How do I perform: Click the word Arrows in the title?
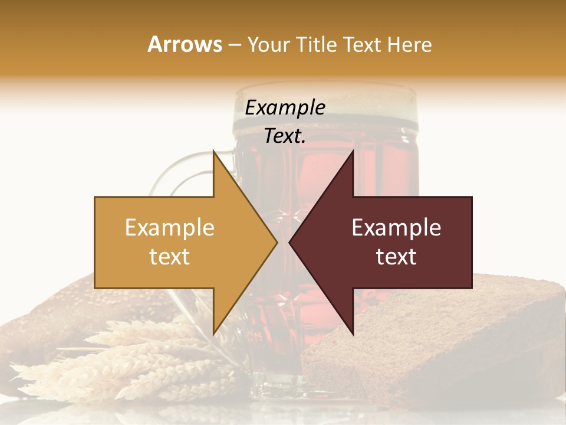185,44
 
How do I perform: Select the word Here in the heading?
409,44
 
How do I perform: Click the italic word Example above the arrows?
285,107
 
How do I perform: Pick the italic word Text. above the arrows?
285,136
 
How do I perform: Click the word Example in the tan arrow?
170,227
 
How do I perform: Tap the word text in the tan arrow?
170,257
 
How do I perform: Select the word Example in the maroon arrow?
396,227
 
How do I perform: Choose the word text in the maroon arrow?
396,257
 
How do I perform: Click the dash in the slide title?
234,45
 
